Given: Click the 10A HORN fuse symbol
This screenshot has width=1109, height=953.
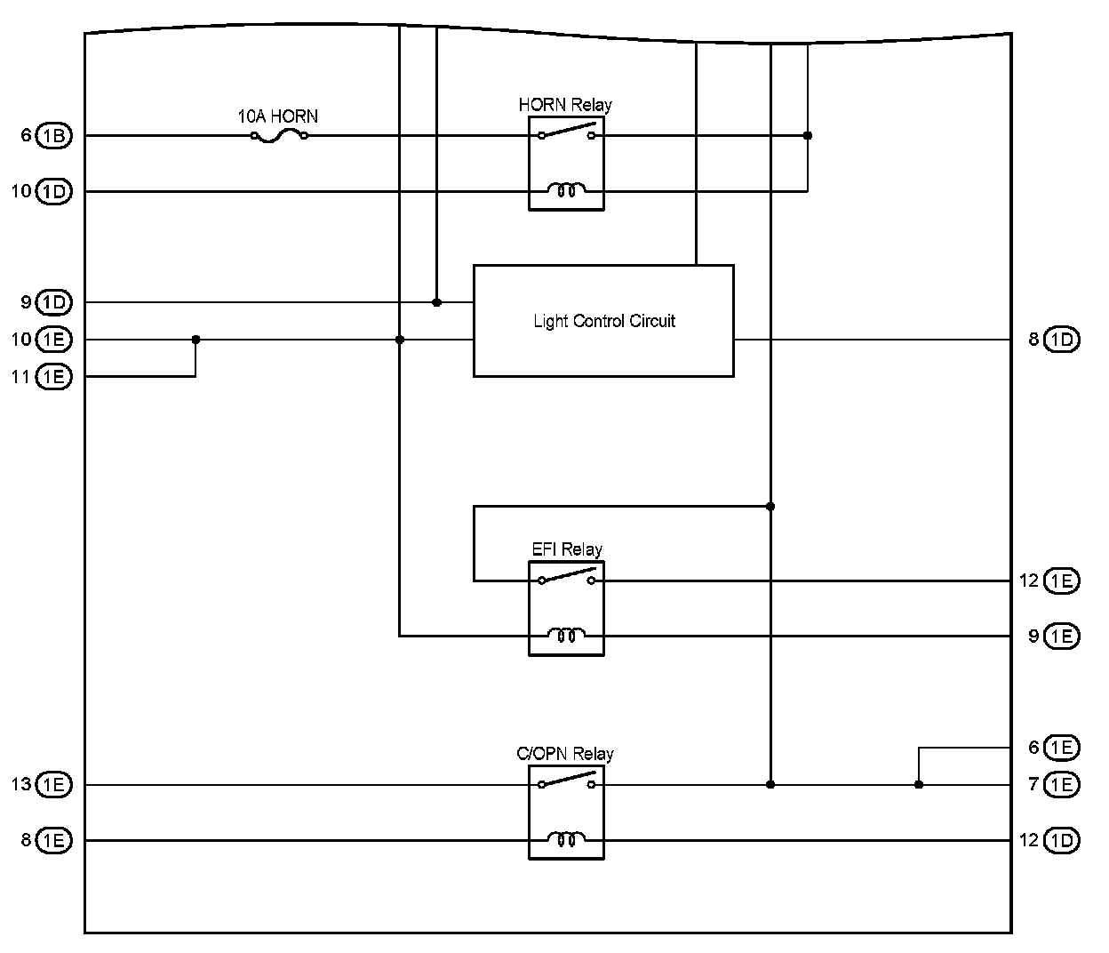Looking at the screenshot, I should pyautogui.click(x=279, y=136).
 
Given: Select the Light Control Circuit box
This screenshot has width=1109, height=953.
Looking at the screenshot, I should pyautogui.click(x=603, y=321).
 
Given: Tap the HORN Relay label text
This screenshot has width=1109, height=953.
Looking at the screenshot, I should pyautogui.click(x=565, y=105).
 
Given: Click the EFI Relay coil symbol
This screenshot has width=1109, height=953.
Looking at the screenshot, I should pyautogui.click(x=566, y=636).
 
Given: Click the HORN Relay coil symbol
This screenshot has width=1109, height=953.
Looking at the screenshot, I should pyautogui.click(x=566, y=190).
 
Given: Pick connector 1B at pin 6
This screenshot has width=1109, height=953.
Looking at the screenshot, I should pyautogui.click(x=54, y=136).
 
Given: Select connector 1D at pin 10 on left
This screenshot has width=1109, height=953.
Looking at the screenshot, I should pyautogui.click(x=54, y=191).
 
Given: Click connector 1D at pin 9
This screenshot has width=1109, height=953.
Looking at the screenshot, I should pyautogui.click(x=54, y=302).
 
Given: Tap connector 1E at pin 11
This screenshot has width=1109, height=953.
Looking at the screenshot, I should pyautogui.click(x=54, y=377).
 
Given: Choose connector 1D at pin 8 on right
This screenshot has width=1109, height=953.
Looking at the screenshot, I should pyautogui.click(x=1062, y=340).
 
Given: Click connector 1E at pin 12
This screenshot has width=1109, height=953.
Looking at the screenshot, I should pyautogui.click(x=1062, y=581).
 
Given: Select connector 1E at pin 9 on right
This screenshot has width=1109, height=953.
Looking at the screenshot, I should pyautogui.click(x=1062, y=637).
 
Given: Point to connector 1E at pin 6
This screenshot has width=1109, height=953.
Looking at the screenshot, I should pyautogui.click(x=1062, y=748).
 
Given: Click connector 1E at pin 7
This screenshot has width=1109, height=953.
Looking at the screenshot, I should pyautogui.click(x=1062, y=785).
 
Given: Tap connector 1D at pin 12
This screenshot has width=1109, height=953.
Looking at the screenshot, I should pyautogui.click(x=1062, y=840).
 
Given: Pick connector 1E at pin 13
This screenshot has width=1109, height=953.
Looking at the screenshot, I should pyautogui.click(x=54, y=785).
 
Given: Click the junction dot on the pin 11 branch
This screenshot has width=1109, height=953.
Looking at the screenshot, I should pyautogui.click(x=195, y=340).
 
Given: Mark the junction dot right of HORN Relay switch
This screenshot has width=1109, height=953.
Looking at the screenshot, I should pyautogui.click(x=807, y=136).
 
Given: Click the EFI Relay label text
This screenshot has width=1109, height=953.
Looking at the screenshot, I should pyautogui.click(x=567, y=549).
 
